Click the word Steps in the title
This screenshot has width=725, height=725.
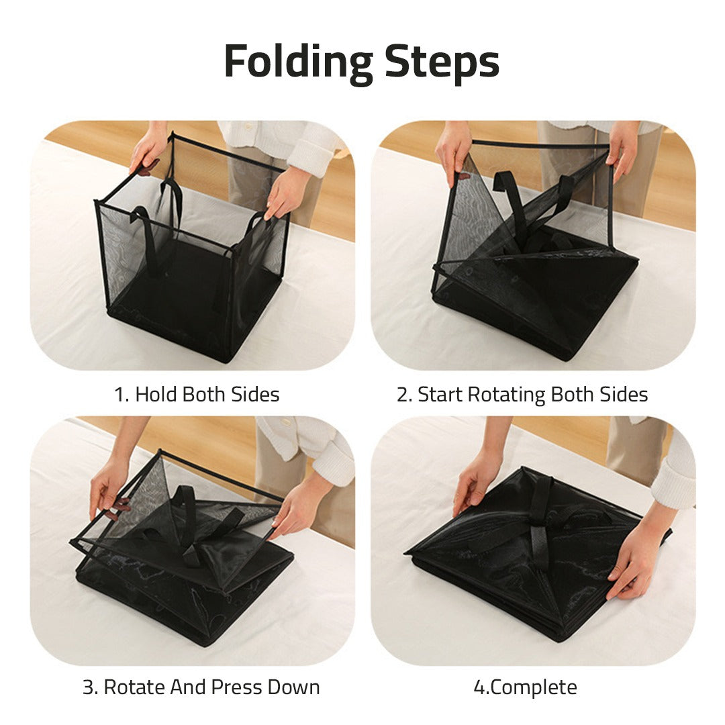[442, 62]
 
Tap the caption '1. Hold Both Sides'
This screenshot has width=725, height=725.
[196, 395]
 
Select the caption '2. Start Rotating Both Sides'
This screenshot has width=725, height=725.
[522, 395]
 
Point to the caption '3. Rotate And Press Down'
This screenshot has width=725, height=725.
[201, 687]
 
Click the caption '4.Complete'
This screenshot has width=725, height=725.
[525, 687]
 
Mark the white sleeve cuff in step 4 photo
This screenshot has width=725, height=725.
[675, 480]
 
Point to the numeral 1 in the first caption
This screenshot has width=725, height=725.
[119, 395]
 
